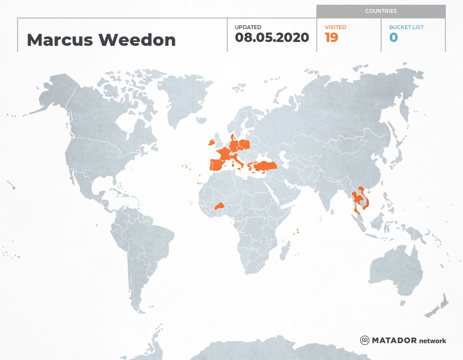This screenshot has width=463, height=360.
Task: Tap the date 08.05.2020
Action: click(x=272, y=38)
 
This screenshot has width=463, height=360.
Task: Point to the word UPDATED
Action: click(x=248, y=27)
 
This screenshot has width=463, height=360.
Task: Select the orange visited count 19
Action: click(x=331, y=38)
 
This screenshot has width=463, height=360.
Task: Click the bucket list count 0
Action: click(x=393, y=38)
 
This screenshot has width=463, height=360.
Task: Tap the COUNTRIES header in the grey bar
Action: click(x=381, y=11)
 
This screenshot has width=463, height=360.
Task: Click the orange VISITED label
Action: click(x=335, y=27)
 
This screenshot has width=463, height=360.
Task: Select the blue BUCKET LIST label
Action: click(x=406, y=27)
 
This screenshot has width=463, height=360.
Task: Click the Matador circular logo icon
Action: click(x=364, y=340)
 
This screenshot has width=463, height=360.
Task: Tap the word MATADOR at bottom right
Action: click(x=394, y=341)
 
